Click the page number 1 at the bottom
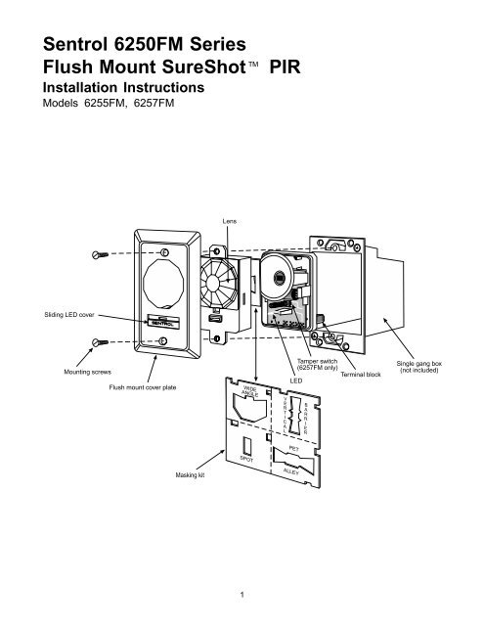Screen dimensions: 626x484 tap(242, 594)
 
